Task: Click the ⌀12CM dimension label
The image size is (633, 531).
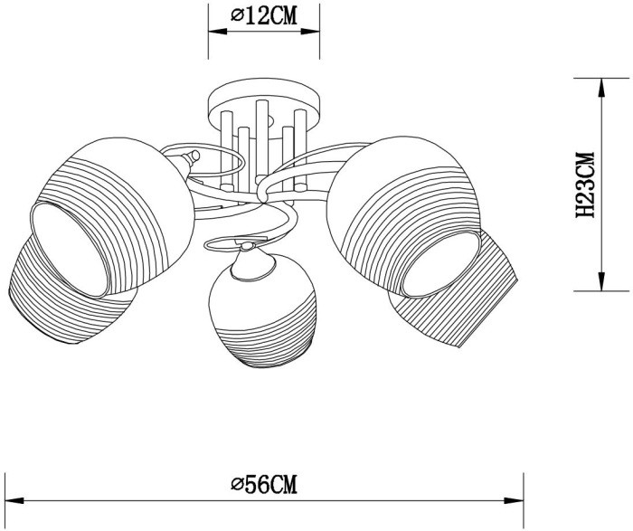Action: click(x=264, y=15)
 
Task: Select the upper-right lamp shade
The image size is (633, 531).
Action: click(x=407, y=194)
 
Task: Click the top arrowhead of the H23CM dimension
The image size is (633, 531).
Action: click(x=600, y=83)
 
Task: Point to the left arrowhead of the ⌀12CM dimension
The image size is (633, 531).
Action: click(x=213, y=30)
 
